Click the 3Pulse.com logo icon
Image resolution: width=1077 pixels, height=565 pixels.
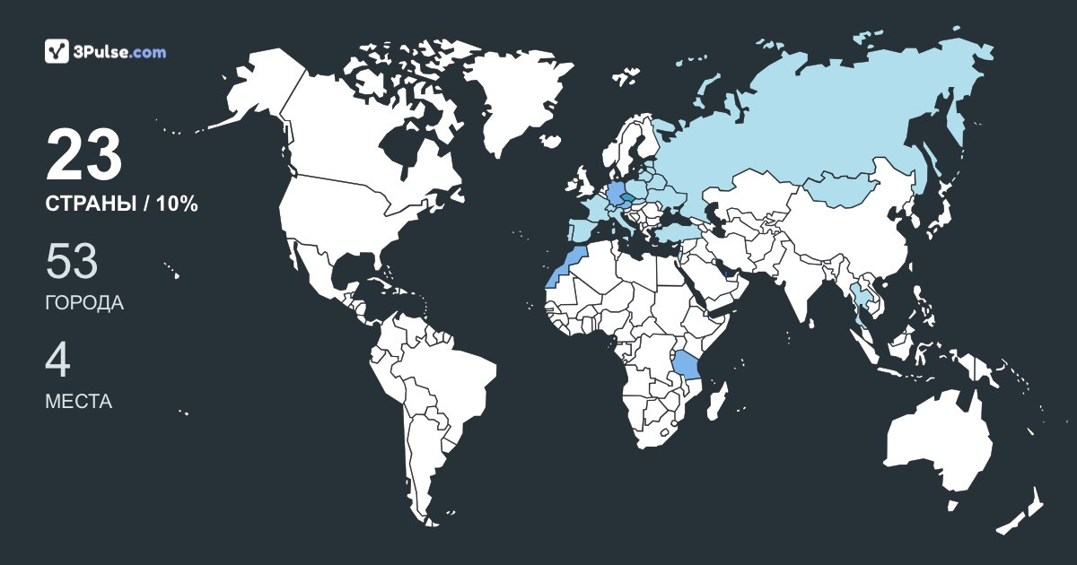click(x=57, y=51)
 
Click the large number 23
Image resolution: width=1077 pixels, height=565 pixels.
click(x=83, y=156)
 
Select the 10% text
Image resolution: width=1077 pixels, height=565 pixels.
click(x=177, y=204)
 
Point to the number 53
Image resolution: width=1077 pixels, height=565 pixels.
click(x=72, y=262)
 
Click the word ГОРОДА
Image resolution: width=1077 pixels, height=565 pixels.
click(x=84, y=303)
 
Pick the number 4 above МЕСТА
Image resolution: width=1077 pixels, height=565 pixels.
click(x=57, y=361)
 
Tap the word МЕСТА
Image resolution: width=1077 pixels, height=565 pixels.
click(x=78, y=402)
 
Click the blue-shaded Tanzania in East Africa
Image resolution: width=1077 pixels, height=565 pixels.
click(x=687, y=367)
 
